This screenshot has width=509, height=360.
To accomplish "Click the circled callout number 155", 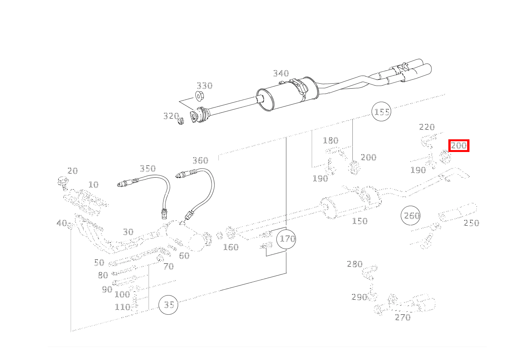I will click(x=382, y=112).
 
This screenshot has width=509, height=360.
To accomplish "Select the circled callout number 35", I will click(x=169, y=305).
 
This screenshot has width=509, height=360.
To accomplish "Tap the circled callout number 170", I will click(x=287, y=239).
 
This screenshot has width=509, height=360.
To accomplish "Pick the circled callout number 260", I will click(x=411, y=216).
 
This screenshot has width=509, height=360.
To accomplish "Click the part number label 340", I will click(x=281, y=73).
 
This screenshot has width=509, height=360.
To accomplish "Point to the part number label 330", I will click(x=204, y=86).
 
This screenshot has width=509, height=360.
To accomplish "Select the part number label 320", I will click(x=171, y=116).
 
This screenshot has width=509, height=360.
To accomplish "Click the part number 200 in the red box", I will click(x=459, y=145).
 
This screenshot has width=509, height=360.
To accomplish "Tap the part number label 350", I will click(x=147, y=168).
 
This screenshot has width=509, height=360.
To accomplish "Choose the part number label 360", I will click(x=200, y=160).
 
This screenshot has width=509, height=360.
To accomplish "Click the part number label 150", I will click(x=360, y=221).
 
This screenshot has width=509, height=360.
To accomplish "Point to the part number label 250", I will click(x=471, y=223).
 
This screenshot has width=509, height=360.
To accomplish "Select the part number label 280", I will click(x=354, y=264).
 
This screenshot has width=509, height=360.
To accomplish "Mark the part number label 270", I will click(x=403, y=317).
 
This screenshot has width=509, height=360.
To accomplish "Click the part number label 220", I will click(x=426, y=127).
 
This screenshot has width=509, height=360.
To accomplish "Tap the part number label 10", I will click(x=93, y=185).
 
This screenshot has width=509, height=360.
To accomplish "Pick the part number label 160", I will click(x=231, y=247).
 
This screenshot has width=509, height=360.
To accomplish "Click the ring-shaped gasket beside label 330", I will click(x=200, y=96).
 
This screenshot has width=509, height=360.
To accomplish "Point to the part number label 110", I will click(x=122, y=307).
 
